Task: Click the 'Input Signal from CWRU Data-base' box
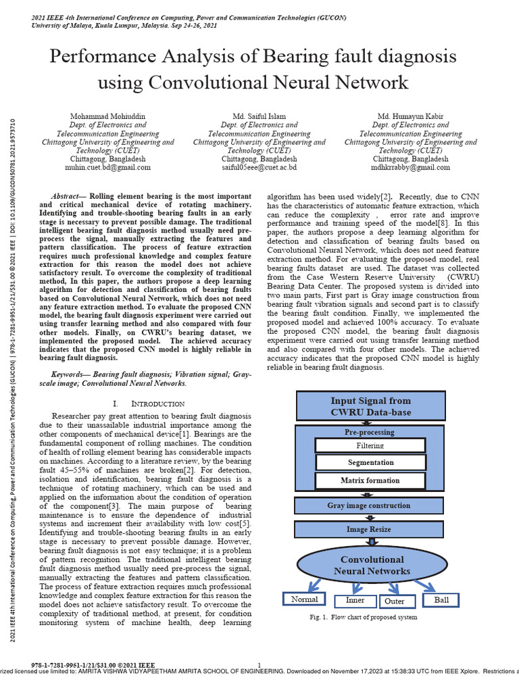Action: pyautogui.click(x=371, y=406)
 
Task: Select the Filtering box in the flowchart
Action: pyautogui.click(x=370, y=445)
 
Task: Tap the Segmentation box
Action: pyautogui.click(x=370, y=463)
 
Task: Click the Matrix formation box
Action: pyautogui.click(x=370, y=480)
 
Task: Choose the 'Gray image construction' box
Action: pyautogui.click(x=369, y=505)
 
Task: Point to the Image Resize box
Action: pyautogui.click(x=369, y=530)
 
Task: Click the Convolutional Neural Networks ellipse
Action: pyautogui.click(x=372, y=566)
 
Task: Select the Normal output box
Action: pyautogui.click(x=304, y=599)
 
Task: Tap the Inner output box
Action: pyautogui.click(x=355, y=600)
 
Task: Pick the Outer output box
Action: pyautogui.click(x=394, y=601)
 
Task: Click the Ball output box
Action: pyautogui.click(x=440, y=599)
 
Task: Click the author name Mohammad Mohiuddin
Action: pyautogui.click(x=108, y=116)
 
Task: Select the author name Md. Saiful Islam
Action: pyautogui.click(x=259, y=116)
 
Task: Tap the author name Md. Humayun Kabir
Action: pyautogui.click(x=410, y=116)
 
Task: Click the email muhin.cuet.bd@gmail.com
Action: pyautogui.click(x=108, y=167)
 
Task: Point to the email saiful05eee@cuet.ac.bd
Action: pyautogui.click(x=259, y=167)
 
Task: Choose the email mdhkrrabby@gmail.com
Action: pyautogui.click(x=410, y=167)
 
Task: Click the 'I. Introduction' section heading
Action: pyautogui.click(x=145, y=403)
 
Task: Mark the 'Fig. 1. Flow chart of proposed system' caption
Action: pyautogui.click(x=363, y=617)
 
